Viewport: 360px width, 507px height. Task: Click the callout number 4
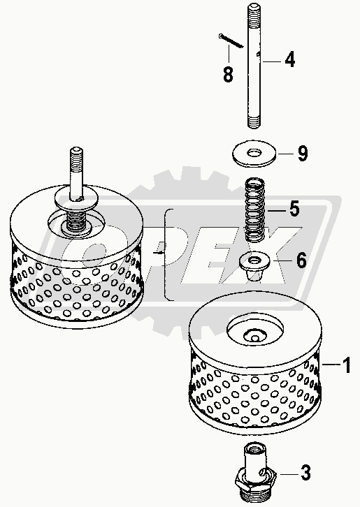coord(290,60)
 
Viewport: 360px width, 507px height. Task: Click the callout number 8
coord(228,74)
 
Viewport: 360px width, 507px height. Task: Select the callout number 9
coord(303,153)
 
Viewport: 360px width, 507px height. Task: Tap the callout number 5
coord(294,209)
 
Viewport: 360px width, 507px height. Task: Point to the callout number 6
coord(301,260)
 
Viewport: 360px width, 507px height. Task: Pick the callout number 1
coord(347,365)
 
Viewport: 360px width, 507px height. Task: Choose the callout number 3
coord(305,473)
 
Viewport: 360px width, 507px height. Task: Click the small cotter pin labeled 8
coord(231,41)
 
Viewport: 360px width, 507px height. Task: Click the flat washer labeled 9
coord(254,154)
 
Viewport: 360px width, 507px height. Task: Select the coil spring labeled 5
coord(254,210)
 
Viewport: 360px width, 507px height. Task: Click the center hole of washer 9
coord(254,152)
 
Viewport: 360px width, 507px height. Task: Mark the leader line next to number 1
coord(331,365)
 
